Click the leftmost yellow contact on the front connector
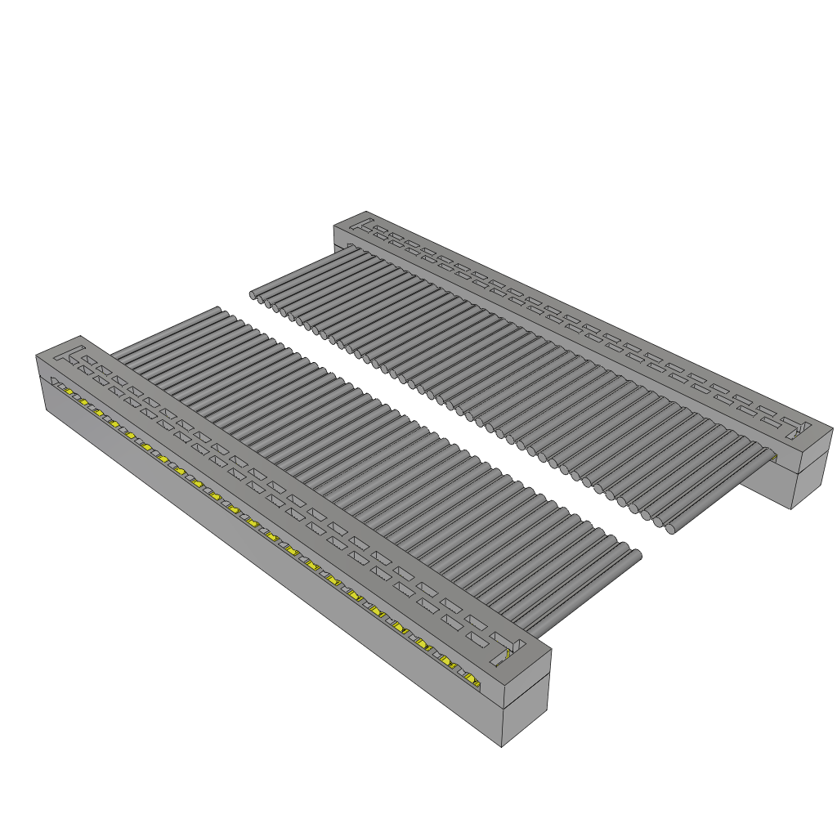pos(69,392)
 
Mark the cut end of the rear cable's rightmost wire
pos(670,529)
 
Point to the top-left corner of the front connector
pos(37,356)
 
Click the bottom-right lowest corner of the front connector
pos(501,746)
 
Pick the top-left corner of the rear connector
pos(334,227)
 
